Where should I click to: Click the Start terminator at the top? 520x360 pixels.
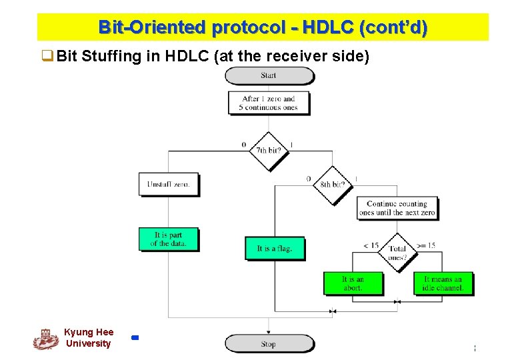click(269, 75)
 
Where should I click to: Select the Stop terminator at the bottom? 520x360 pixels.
click(268, 344)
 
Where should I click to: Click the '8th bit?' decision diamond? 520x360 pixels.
click(333, 184)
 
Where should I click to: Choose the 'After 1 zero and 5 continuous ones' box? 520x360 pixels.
click(269, 103)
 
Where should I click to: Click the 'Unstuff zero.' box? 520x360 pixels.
click(169, 184)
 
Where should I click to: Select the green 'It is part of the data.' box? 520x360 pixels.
click(169, 239)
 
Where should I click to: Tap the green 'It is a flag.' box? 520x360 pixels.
click(275, 249)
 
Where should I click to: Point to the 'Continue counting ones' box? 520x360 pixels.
click(397, 208)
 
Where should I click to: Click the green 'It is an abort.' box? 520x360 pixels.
click(353, 283)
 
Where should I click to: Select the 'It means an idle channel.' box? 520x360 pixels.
click(443, 283)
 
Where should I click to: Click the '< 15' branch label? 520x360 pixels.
click(371, 246)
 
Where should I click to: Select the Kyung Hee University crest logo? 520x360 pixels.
click(45, 339)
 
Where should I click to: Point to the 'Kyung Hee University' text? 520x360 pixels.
click(89, 338)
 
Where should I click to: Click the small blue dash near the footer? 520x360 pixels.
click(135, 338)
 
